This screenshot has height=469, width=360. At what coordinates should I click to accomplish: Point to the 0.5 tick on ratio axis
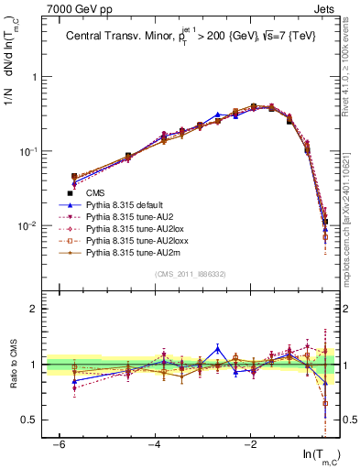point(30,420)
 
